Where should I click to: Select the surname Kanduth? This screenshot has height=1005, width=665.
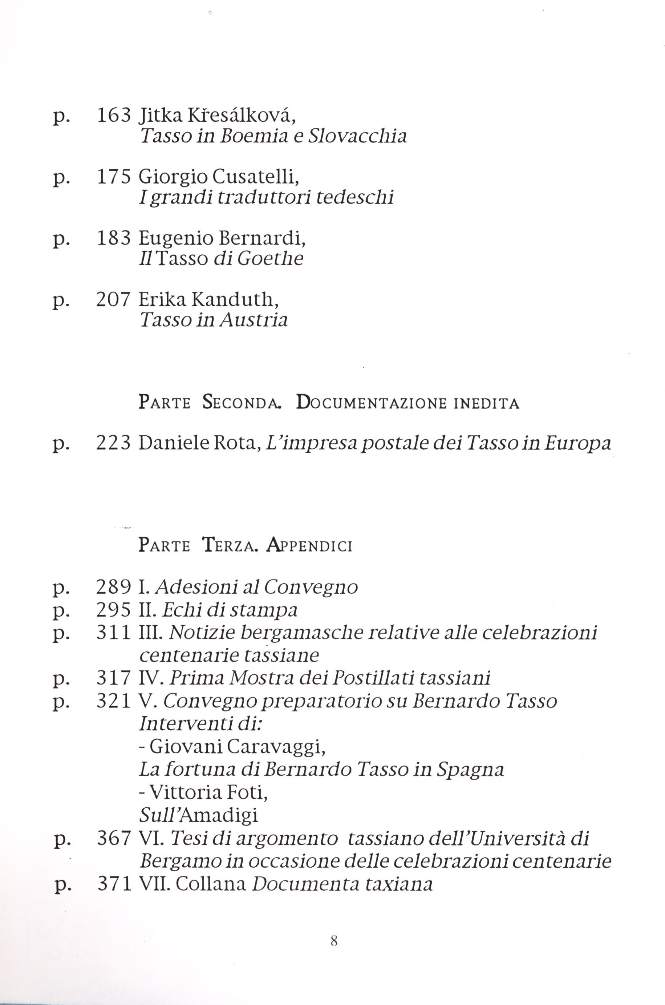(x=235, y=300)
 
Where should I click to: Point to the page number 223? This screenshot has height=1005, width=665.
(x=113, y=443)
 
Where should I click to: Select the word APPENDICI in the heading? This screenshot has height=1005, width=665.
(x=309, y=545)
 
